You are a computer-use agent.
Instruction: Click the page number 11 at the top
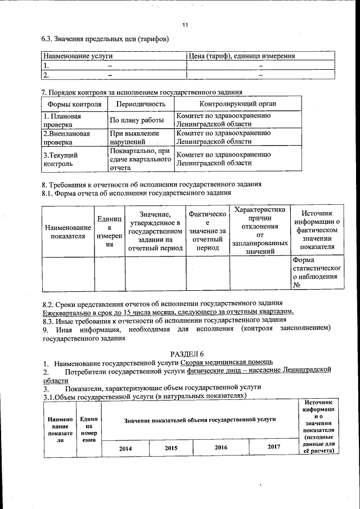tap(185, 25)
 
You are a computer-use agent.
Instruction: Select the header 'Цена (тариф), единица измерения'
tap(242, 56)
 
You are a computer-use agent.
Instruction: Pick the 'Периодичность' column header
tap(141, 104)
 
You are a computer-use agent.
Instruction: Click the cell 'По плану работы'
tap(136, 120)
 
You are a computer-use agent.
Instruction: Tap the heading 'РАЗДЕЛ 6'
tap(179, 353)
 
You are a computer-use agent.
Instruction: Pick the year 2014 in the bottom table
tap(127, 448)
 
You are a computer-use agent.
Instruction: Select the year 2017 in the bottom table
tap(273, 447)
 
